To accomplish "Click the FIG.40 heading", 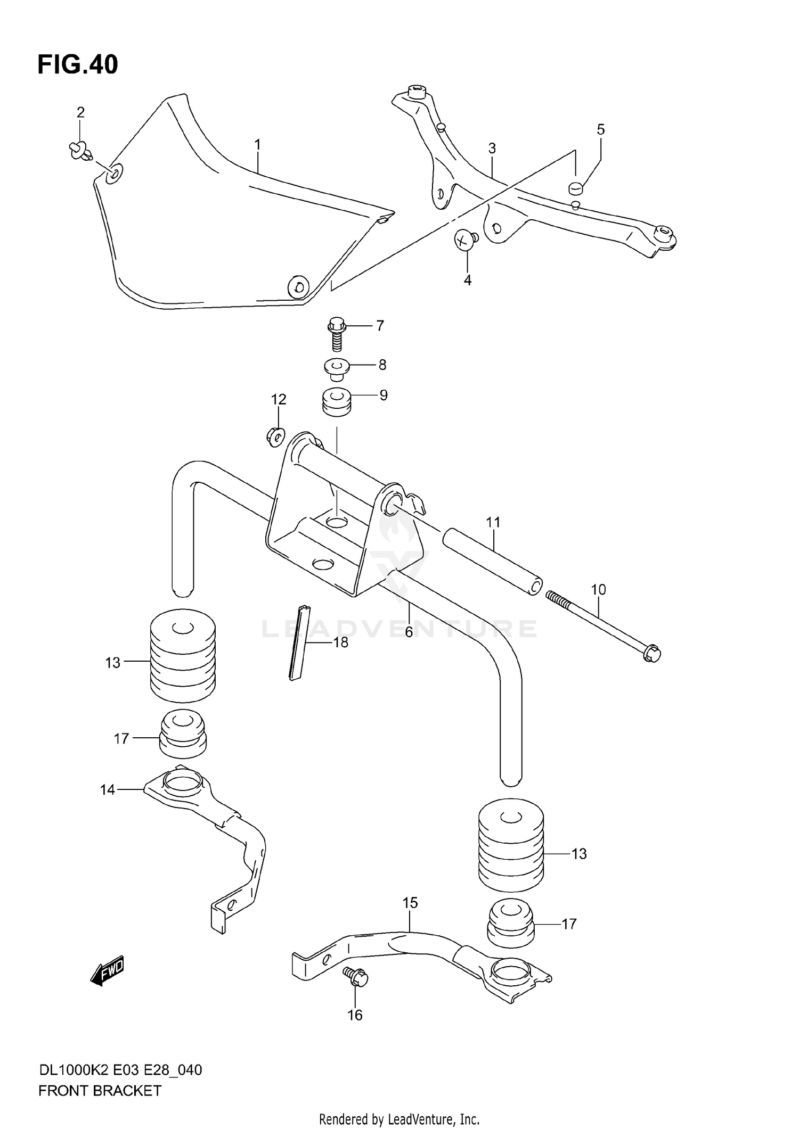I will pyautogui.click(x=78, y=65).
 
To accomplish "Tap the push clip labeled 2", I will pyautogui.click(x=81, y=151).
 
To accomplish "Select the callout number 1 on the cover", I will pyautogui.click(x=258, y=144).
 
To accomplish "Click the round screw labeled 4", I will pyautogui.click(x=466, y=240).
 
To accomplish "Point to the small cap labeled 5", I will pyautogui.click(x=575, y=187).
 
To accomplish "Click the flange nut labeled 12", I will pyautogui.click(x=275, y=436).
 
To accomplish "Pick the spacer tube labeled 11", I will pyautogui.click(x=491, y=562).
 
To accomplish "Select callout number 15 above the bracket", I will pyautogui.click(x=410, y=903).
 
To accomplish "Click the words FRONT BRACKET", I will pyautogui.click(x=100, y=1091).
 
